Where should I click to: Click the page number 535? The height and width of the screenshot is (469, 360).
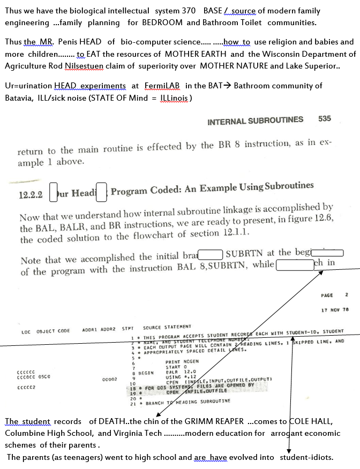click(x=324, y=119)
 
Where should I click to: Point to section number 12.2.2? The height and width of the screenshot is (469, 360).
click(x=31, y=195)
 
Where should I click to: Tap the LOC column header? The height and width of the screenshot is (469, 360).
click(x=26, y=331)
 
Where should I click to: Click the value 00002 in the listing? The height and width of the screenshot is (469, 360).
click(x=109, y=379)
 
